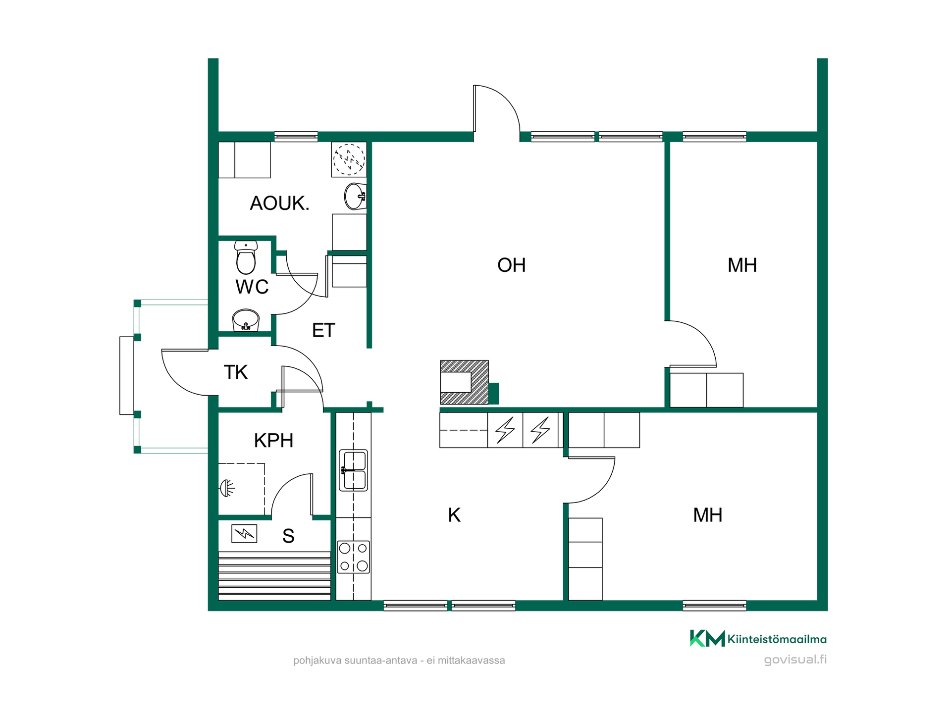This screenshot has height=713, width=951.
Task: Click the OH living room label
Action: (511, 265)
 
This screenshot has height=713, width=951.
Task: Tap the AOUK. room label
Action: (279, 204)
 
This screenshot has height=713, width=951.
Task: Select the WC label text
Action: (252, 287)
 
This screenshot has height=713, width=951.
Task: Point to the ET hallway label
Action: (323, 330)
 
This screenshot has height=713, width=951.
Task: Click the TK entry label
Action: (235, 372)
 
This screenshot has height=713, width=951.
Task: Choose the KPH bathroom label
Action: (273, 441)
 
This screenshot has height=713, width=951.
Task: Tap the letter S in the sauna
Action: (288, 536)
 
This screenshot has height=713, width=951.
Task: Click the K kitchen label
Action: (454, 515)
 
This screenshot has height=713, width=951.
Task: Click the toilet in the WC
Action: (246, 257)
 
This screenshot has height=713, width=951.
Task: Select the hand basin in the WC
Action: (246, 320)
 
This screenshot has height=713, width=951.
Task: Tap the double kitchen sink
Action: (353, 470)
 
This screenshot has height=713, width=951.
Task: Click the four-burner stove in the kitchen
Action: (353, 557)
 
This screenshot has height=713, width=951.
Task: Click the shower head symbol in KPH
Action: (227, 489)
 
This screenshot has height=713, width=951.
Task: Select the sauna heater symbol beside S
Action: (244, 534)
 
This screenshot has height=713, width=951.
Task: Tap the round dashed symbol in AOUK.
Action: (349, 159)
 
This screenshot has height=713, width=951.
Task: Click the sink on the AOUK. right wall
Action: (356, 196)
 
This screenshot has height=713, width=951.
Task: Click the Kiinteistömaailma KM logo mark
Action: (707, 638)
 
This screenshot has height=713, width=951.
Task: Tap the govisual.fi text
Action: (795, 660)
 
